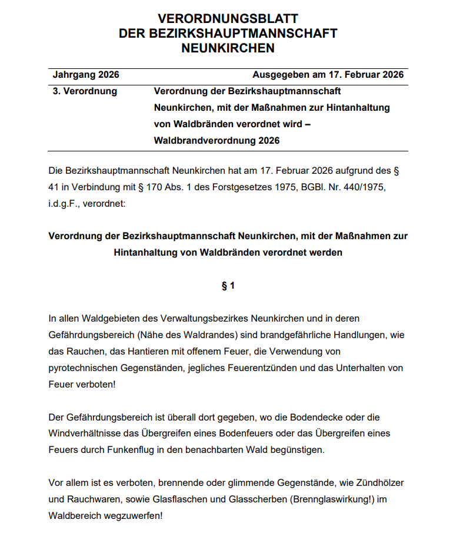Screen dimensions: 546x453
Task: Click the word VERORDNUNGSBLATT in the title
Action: [x=228, y=19]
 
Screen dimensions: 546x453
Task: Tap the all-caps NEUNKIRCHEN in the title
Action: [x=228, y=48]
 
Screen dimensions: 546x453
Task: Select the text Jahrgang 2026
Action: [x=86, y=75]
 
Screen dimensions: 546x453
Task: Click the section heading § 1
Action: [x=228, y=286]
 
